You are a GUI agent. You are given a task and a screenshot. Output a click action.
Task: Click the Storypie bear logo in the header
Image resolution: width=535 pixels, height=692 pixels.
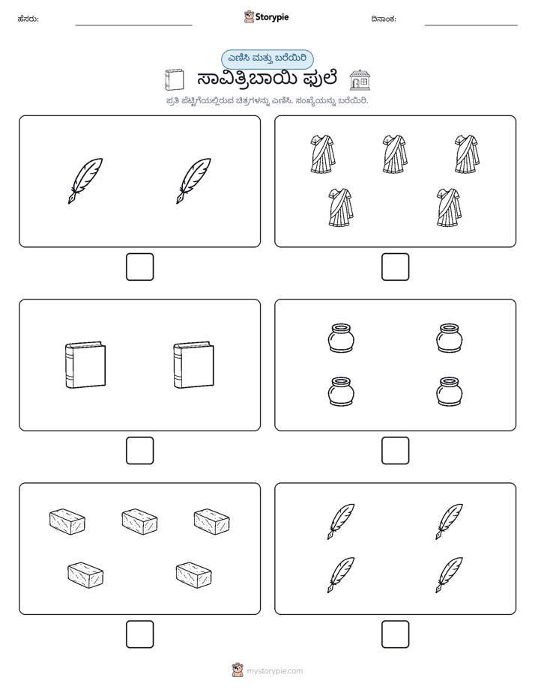(x=249, y=16)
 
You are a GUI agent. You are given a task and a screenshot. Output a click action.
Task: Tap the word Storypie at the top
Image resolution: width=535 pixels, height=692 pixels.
(x=272, y=17)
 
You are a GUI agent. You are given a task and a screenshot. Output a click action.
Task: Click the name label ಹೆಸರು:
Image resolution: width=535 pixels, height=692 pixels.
(x=28, y=19)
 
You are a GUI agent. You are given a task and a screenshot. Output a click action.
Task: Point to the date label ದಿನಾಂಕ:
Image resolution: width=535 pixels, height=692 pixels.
(x=384, y=19)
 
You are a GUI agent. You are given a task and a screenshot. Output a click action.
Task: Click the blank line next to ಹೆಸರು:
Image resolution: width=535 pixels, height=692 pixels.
(x=133, y=25)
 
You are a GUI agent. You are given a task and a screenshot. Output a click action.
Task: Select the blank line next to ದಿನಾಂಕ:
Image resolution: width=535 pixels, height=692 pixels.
(x=471, y=25)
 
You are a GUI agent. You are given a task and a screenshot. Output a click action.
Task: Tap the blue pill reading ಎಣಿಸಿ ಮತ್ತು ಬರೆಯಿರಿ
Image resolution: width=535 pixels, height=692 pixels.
(x=267, y=59)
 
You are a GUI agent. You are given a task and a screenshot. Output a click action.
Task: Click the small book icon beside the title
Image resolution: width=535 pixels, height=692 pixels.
(x=174, y=80)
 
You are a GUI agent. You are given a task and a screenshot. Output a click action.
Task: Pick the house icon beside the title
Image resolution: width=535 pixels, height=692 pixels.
(x=360, y=80)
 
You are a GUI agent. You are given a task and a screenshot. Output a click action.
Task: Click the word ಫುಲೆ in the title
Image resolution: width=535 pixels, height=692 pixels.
(x=320, y=79)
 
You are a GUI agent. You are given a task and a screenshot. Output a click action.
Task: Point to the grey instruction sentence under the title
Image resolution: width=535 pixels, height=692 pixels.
(x=267, y=101)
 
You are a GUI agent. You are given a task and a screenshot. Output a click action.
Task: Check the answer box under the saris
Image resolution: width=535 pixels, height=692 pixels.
(x=395, y=267)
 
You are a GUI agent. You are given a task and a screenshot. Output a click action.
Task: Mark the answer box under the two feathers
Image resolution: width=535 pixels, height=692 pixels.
(x=139, y=267)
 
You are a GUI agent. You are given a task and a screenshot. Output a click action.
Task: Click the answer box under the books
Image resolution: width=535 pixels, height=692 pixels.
(x=139, y=451)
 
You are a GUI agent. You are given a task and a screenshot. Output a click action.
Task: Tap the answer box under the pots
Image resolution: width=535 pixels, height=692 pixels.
(x=395, y=451)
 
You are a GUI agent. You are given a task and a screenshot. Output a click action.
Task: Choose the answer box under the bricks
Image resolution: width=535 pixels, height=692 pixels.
(x=139, y=634)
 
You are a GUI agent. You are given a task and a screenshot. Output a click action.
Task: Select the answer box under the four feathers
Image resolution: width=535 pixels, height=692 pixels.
(x=395, y=634)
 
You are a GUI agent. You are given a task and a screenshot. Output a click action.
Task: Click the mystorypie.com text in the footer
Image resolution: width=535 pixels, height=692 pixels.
(x=274, y=671)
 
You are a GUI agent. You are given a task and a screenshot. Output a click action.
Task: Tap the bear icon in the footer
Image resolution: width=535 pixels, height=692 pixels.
(x=238, y=670)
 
